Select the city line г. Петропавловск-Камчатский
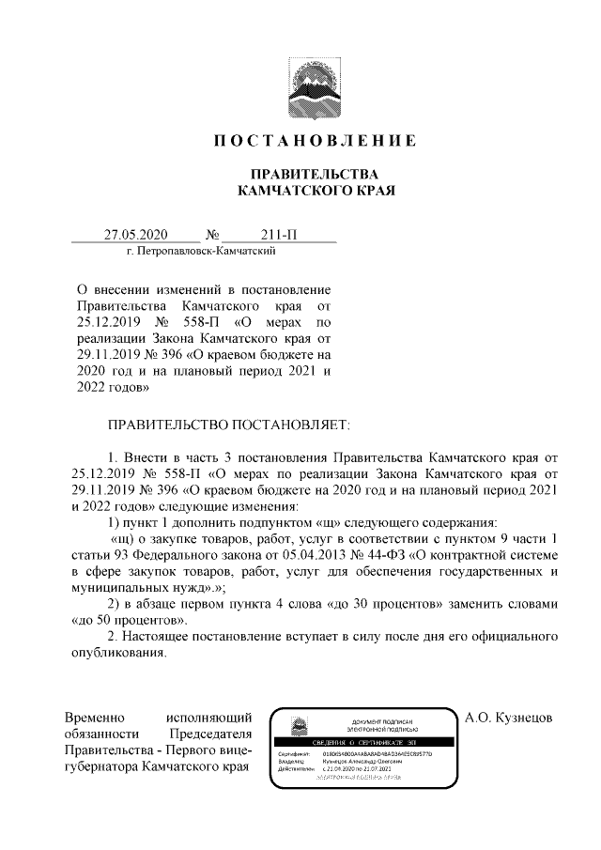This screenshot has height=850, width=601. pyautogui.click(x=200, y=252)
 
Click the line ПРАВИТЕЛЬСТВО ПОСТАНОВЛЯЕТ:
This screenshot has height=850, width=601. pyautogui.click(x=228, y=425)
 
